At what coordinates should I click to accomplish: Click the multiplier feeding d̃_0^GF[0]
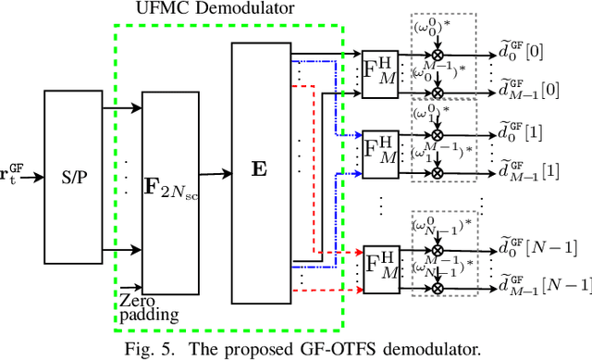pyautogui.click(x=450, y=55)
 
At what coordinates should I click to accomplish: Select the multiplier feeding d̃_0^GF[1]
pyautogui.click(x=450, y=135)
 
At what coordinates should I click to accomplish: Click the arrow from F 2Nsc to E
pyautogui.click(x=214, y=173)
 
